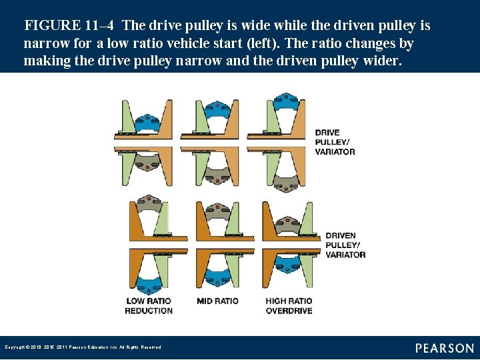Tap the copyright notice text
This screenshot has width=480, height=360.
pyautogui.click(x=83, y=347)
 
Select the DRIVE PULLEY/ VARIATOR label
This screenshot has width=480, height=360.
pyautogui.click(x=335, y=142)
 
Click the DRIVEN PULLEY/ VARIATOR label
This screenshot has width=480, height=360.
pyautogui.click(x=345, y=245)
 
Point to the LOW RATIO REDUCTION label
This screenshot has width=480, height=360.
pyautogui.click(x=149, y=305)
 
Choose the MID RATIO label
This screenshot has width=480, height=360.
pyautogui.click(x=217, y=301)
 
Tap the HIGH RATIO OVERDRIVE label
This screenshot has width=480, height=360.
pyautogui.click(x=289, y=305)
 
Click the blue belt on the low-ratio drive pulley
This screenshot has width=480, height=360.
pyautogui.click(x=147, y=121)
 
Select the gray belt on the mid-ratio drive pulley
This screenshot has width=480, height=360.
pyautogui.click(x=217, y=175)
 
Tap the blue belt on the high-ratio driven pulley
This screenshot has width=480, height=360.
pyautogui.click(x=287, y=265)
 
